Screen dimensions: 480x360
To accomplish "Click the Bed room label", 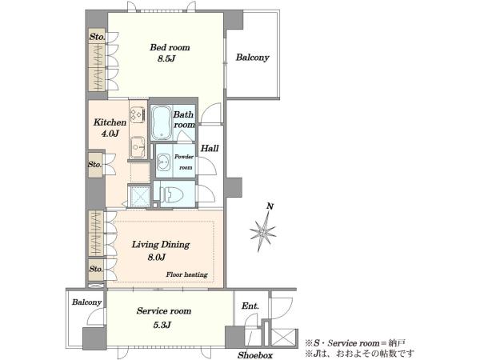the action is coord(170,47).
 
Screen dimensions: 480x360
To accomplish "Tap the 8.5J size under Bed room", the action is coord(166,58).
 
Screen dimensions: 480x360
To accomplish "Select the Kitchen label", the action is coord(110,122).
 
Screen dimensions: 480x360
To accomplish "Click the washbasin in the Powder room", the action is coord(164,162).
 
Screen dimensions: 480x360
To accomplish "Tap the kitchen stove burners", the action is coord(138,114).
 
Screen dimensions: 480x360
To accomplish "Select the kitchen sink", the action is coord(137,147).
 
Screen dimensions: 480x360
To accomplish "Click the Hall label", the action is coord(210,149).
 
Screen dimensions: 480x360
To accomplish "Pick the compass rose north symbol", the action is coord(263,228).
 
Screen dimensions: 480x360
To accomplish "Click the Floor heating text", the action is coord(186,274).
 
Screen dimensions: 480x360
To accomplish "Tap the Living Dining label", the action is coord(161,245).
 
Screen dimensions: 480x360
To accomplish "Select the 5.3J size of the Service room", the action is coord(162,325).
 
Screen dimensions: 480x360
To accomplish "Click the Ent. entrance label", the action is coord(250,306).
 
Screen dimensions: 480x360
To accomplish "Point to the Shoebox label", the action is coord(255,355).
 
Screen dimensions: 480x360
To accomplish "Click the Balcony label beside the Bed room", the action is coord(253,58).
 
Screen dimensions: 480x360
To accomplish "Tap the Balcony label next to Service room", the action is coord(86,302).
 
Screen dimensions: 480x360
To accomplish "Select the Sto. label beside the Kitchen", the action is coord(94,164).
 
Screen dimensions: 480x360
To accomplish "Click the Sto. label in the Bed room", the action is coord(97,37).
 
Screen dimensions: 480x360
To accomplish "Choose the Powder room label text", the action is coord(184,162).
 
